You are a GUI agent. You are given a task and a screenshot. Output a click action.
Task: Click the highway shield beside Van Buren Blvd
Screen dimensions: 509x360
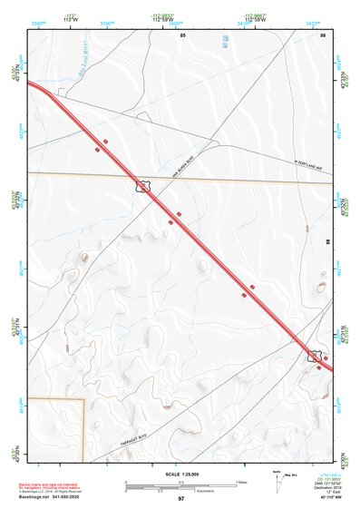coord(142,186)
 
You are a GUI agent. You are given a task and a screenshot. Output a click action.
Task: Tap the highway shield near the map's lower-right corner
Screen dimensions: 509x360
coord(316,357)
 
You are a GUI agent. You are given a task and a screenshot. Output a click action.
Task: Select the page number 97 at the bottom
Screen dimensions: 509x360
coord(181,499)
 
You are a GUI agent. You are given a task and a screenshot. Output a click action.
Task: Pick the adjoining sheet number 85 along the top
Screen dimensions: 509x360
coord(182,34)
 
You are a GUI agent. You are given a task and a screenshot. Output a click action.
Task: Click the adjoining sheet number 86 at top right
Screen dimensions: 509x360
coord(322,34)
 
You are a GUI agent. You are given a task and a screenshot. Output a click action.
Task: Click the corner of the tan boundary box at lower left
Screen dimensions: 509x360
coord(83,399)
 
